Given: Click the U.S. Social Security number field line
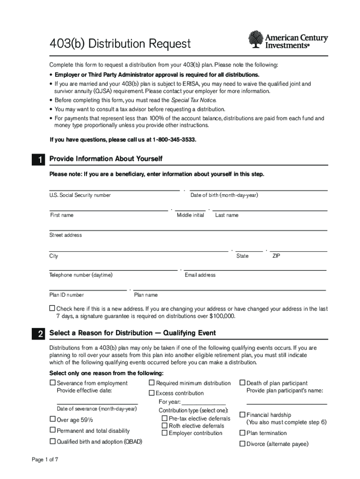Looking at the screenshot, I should (115, 189).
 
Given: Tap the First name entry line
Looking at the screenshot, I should (108, 210).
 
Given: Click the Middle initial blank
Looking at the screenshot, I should (190, 210).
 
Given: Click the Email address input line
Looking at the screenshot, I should (255, 269).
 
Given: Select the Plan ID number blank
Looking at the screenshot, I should (88, 290).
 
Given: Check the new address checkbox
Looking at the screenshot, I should (52, 309).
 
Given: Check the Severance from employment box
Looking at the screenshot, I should (52, 383).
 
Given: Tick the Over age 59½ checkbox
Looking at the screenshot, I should (52, 419).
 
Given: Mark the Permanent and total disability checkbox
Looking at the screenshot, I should (52, 430).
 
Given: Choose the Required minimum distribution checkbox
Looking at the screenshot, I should (151, 383).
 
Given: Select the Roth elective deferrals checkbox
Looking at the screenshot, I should (165, 426).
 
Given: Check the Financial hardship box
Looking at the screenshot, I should (242, 414).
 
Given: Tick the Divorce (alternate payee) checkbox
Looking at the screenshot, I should (242, 444).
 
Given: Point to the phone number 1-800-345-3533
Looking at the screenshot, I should (172, 140).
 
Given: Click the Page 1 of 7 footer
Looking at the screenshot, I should (45, 459).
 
